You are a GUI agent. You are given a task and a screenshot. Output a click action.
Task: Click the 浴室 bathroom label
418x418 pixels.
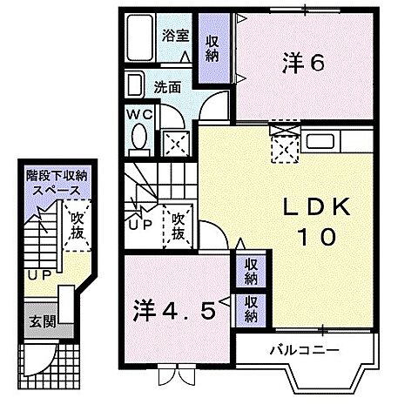pyautogui.click(x=176, y=36)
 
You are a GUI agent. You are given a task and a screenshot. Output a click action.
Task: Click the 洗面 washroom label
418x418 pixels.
pyautogui.click(x=167, y=87)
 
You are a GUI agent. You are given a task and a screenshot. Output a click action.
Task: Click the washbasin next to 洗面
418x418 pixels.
pyautogui.click(x=136, y=86)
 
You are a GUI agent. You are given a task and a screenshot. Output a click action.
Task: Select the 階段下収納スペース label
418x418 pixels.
pyautogui.click(x=57, y=183)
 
